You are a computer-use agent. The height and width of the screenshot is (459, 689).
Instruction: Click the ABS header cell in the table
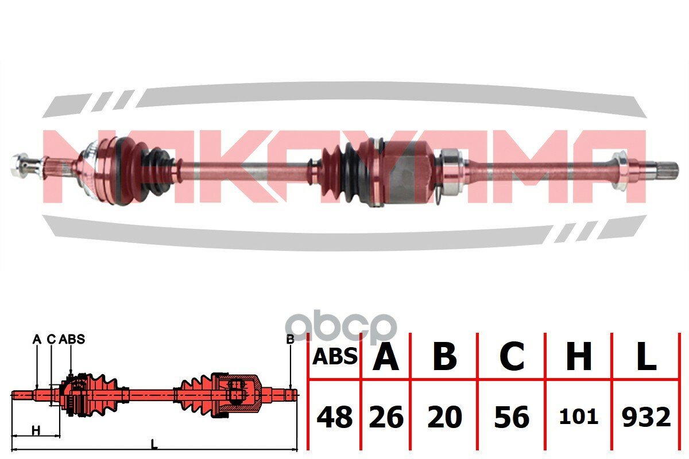[x=335, y=357]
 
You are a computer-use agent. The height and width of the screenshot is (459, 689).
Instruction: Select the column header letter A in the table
[x=386, y=356]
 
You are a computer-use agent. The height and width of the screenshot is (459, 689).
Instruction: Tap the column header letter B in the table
[x=444, y=356]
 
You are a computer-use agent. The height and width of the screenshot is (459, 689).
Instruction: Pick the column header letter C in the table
[x=512, y=356]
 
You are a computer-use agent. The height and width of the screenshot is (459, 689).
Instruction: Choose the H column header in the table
[x=579, y=356]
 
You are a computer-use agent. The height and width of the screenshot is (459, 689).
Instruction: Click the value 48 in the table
[x=335, y=417]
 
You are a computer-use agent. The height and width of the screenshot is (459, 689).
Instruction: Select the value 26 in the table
[x=386, y=417]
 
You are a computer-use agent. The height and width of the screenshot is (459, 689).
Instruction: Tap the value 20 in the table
[x=445, y=417]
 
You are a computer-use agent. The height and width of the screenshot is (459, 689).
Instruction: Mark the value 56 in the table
[x=512, y=417]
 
